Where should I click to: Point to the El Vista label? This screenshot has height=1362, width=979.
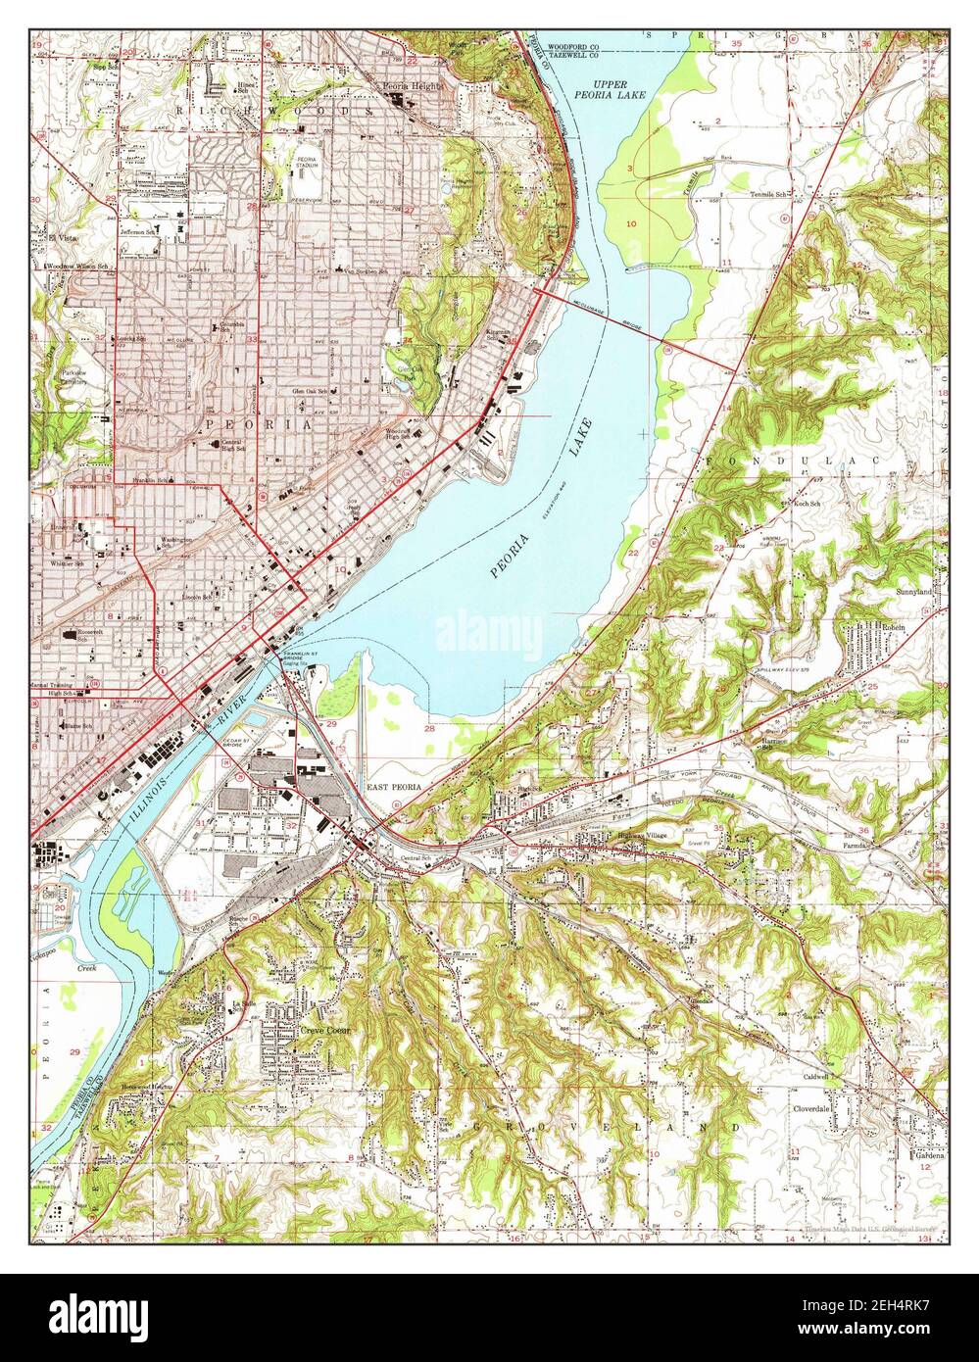click(49, 234)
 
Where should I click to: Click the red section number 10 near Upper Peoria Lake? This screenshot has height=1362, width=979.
click(632, 224)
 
